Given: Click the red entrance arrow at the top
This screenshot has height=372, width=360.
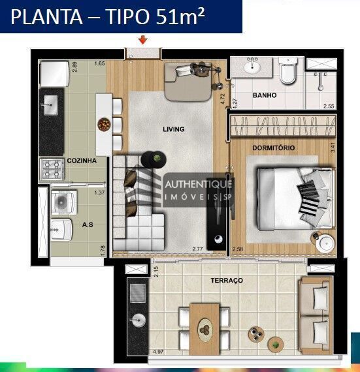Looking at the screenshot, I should pos(143,40).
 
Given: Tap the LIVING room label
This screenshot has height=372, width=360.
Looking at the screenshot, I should pos(174,129).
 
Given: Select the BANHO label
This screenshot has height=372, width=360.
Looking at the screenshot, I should pos(264,95).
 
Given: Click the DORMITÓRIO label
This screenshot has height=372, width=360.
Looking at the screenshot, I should pos(274,148).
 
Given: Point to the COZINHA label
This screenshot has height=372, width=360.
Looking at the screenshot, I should pos(82,160).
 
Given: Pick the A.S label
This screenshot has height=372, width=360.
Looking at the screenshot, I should pos(88,224).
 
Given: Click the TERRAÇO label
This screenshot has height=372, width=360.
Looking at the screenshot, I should pos(227,280).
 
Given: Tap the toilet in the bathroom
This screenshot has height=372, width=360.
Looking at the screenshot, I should pos(288,70).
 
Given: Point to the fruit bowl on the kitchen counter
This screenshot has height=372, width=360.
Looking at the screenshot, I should pos(103,123).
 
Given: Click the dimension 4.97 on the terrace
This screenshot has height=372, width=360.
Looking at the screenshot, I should pos(157,352).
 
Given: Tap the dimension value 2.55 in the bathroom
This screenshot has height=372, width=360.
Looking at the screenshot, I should pos(329,106).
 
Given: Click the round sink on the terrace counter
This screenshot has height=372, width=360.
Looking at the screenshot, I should pos(138,320).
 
